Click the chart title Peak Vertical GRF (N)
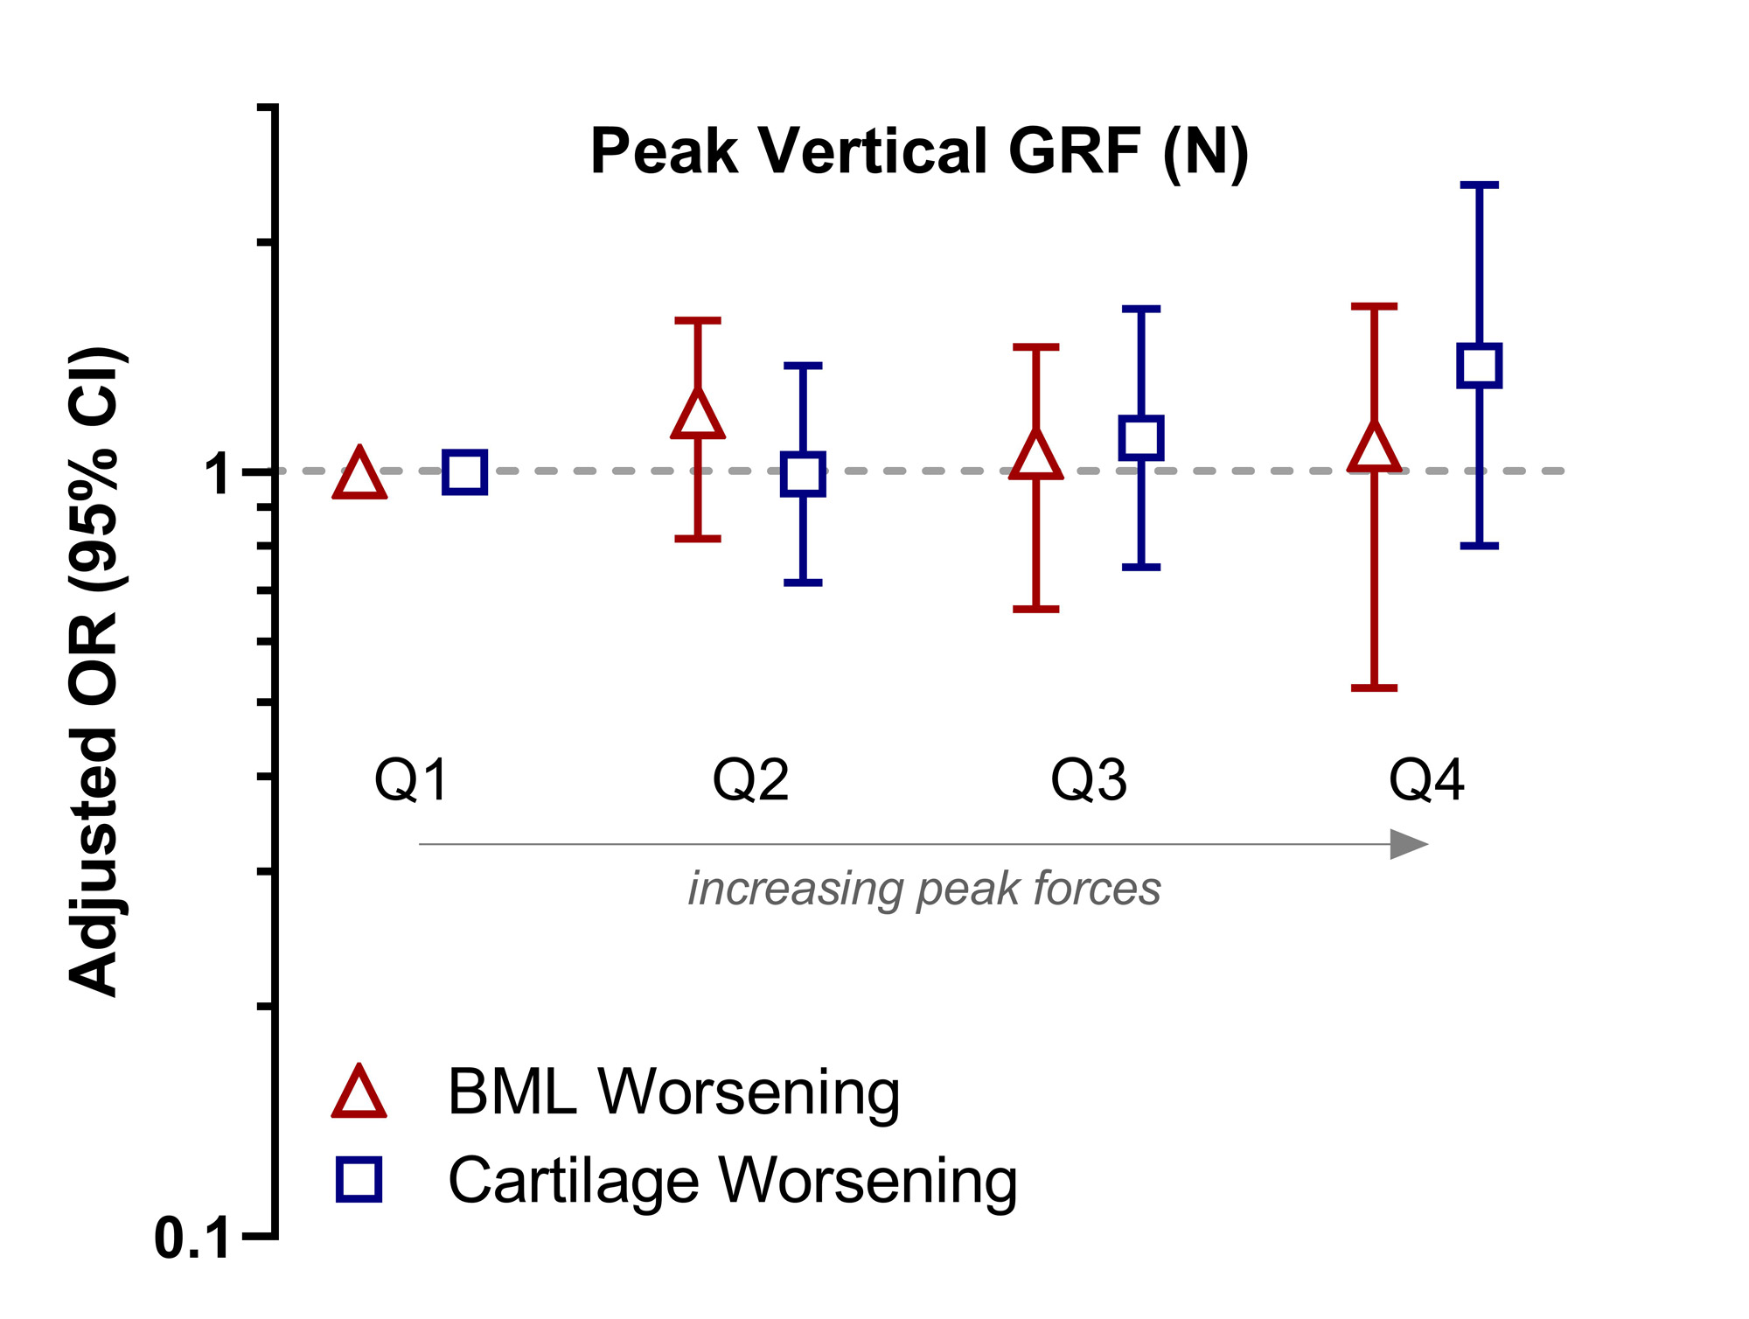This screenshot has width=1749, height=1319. point(919,152)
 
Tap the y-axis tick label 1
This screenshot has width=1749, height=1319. point(219,475)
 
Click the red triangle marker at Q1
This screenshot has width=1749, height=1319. point(359,477)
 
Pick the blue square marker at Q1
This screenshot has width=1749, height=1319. point(464,473)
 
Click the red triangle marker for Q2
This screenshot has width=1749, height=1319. point(698,416)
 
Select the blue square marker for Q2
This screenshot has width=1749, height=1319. point(803,475)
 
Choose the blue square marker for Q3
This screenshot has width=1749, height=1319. point(1141,438)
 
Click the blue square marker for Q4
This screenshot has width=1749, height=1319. point(1480,366)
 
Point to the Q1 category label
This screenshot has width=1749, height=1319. point(411,780)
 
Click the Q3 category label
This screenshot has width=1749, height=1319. point(1089,780)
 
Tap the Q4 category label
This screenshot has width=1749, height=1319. point(1426,780)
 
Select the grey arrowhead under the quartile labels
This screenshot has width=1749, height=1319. point(1407,845)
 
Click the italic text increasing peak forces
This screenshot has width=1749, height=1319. point(924,890)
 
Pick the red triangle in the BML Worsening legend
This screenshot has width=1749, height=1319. point(359,1093)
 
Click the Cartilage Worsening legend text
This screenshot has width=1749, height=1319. point(733,1182)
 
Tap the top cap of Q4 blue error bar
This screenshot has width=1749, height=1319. point(1480,185)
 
